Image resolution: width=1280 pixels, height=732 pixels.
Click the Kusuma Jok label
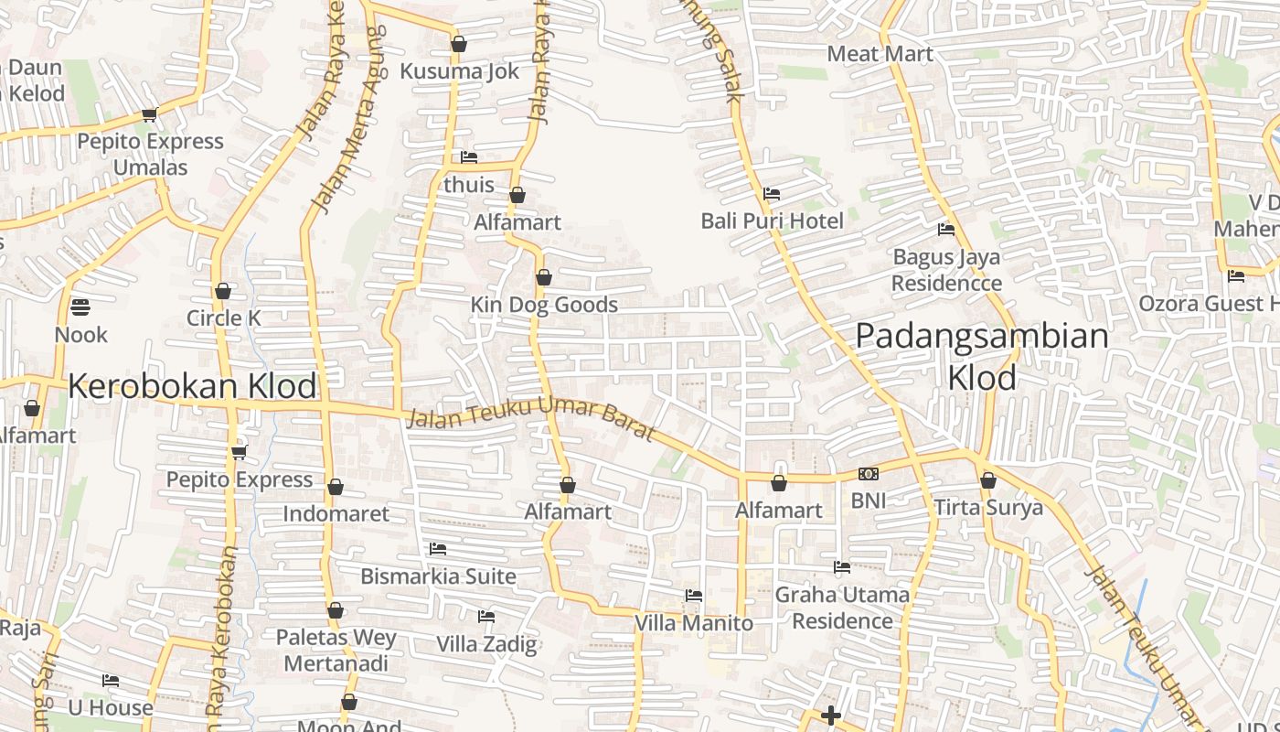[x=459, y=71]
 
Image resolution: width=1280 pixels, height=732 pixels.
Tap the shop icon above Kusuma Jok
[x=459, y=44]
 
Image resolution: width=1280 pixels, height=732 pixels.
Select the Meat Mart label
[x=880, y=54]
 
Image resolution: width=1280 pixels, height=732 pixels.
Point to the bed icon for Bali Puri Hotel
[x=772, y=194]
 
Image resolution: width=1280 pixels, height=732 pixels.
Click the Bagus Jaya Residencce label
[x=946, y=270]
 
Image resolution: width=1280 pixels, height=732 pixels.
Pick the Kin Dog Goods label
[x=544, y=305]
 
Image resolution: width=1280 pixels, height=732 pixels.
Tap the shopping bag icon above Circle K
[x=223, y=292]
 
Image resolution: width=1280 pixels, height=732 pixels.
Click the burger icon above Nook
[x=80, y=307]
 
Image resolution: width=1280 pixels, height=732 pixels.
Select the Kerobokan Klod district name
[x=192, y=386]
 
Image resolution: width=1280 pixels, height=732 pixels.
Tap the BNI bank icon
[x=868, y=474]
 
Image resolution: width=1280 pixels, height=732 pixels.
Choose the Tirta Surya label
[x=988, y=508]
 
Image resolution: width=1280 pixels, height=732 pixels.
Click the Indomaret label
[x=336, y=513]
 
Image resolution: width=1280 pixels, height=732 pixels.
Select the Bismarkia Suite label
[x=438, y=576]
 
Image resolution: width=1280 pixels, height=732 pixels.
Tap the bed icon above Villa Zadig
[x=486, y=617]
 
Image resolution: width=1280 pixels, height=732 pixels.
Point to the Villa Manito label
[x=694, y=623]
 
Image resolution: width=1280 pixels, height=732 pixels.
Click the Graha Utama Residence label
[x=842, y=608]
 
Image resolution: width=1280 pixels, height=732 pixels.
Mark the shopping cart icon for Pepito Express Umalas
[x=149, y=114]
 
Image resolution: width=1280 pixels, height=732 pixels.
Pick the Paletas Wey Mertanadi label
[x=336, y=651]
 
